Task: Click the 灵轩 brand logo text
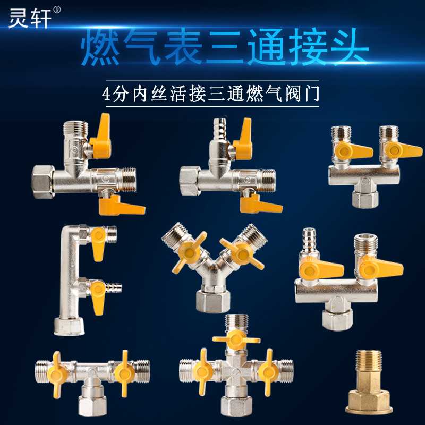(30, 19)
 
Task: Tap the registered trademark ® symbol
(57, 10)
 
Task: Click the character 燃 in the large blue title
(100, 48)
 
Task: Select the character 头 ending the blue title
(349, 47)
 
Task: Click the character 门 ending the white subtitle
(312, 95)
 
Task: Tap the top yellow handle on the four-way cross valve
(236, 339)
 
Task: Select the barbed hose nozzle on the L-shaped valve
(114, 287)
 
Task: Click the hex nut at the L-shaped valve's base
(70, 327)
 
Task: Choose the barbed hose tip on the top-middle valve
(219, 125)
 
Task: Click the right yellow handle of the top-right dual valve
(403, 150)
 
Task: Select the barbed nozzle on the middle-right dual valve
(310, 236)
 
